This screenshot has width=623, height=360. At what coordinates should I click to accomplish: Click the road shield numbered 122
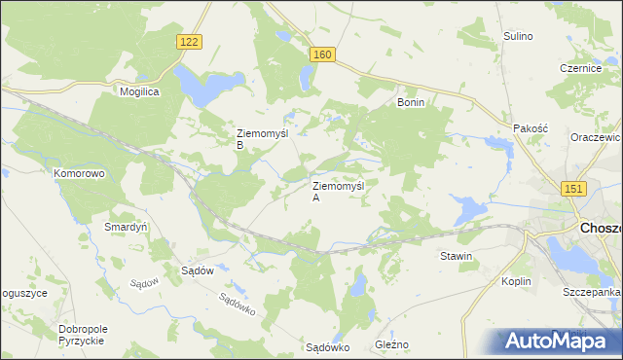(x=190, y=41)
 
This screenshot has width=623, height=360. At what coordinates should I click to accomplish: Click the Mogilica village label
(x=139, y=90)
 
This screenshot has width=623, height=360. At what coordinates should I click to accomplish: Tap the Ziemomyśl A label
(x=337, y=190)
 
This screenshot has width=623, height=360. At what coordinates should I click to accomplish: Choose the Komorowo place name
(x=79, y=173)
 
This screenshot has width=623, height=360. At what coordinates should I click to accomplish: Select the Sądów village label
(x=198, y=271)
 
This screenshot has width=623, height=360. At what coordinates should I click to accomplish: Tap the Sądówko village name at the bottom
(x=327, y=346)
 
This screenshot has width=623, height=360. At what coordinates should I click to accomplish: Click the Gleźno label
(x=392, y=345)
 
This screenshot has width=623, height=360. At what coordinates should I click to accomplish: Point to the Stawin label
(x=456, y=257)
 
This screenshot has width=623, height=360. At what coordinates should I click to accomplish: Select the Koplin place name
(x=516, y=281)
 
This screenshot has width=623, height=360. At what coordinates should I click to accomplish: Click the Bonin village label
(x=411, y=101)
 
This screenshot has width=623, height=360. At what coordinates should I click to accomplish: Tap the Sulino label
(x=518, y=36)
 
